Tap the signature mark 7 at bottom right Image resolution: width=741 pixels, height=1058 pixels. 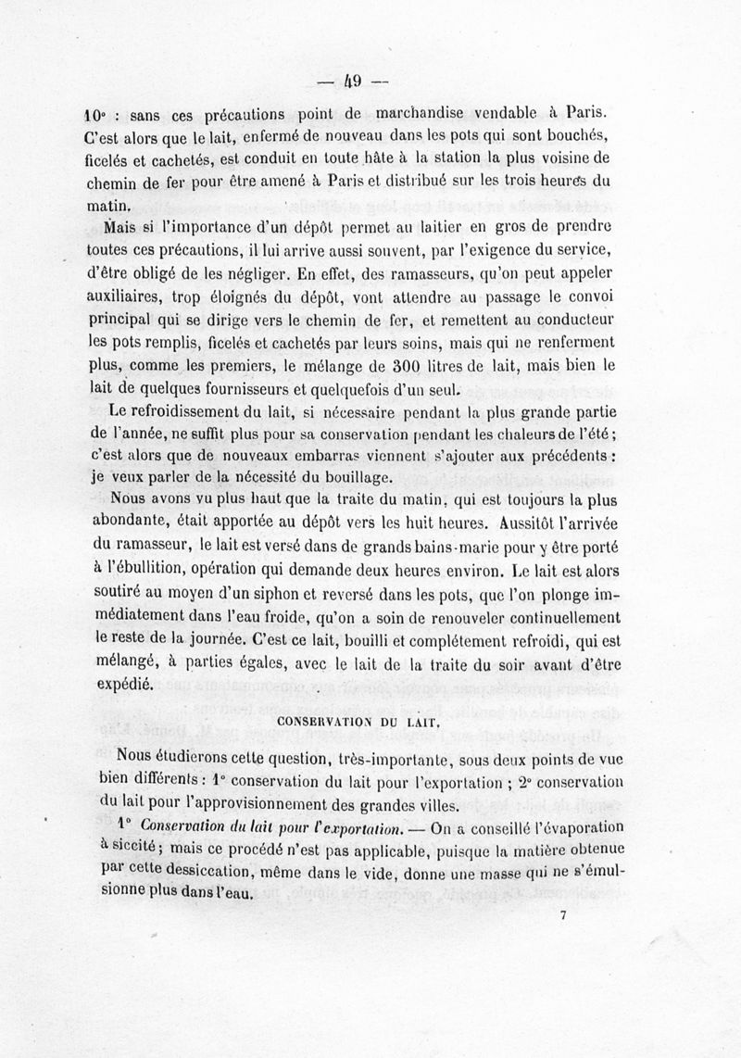pyautogui.click(x=563, y=916)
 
